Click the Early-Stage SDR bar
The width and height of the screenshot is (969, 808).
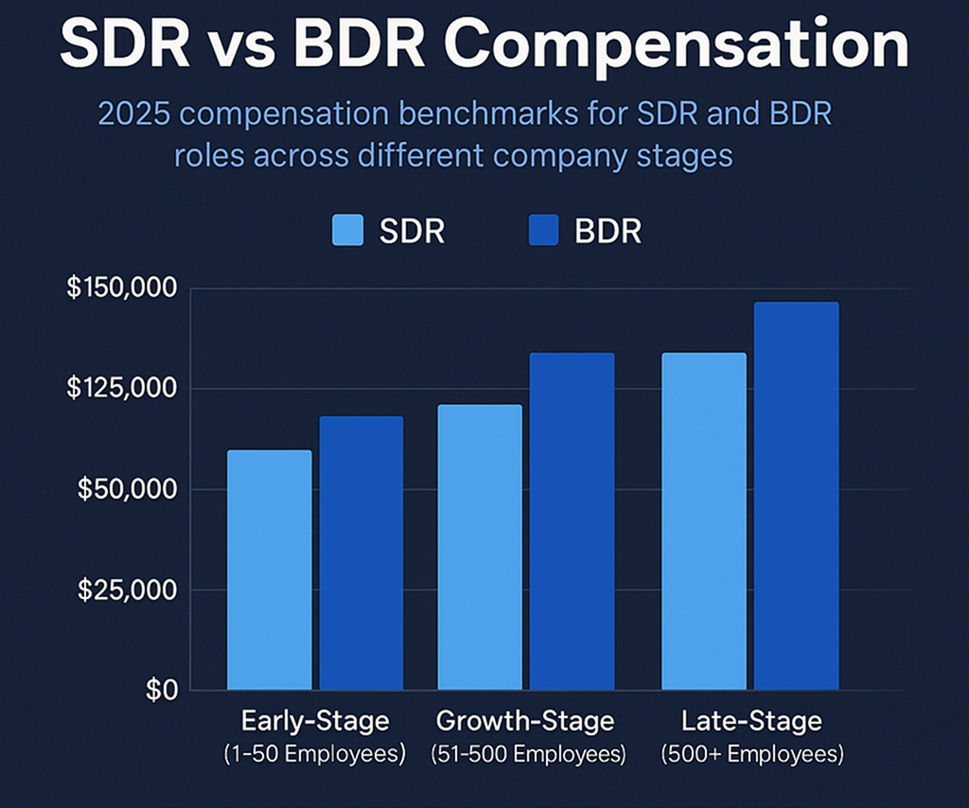click(x=270, y=570)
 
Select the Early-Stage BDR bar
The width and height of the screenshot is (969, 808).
click(x=361, y=553)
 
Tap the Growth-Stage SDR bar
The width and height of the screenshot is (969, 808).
click(x=479, y=547)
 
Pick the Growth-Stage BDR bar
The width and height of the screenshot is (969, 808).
click(x=572, y=520)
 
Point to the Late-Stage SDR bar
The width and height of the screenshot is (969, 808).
click(x=703, y=520)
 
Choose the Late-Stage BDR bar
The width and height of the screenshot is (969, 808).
click(x=796, y=495)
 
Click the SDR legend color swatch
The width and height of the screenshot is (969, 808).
click(x=348, y=230)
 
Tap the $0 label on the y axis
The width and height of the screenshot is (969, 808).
click(x=162, y=691)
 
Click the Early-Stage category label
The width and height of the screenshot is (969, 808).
click(x=315, y=721)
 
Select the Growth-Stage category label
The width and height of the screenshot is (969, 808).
click(x=525, y=721)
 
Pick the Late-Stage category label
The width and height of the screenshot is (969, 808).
click(x=751, y=721)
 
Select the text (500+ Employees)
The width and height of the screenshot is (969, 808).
click(x=751, y=755)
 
